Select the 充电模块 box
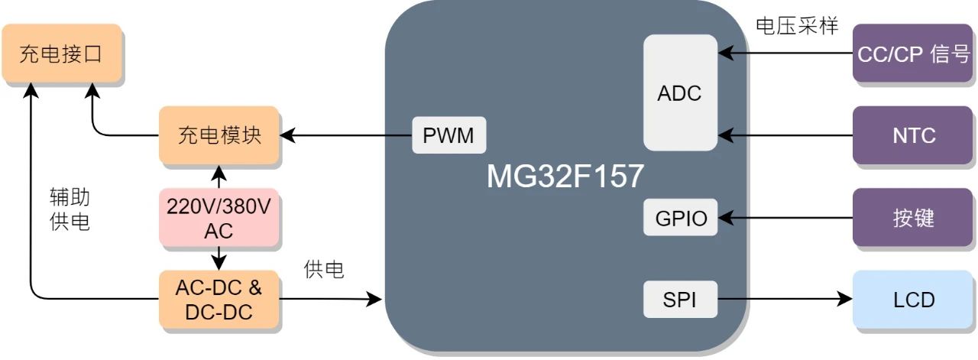(x=219, y=135)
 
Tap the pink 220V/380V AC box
(x=219, y=218)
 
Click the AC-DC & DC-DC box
(x=219, y=300)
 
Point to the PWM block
(x=449, y=136)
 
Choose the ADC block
(x=679, y=93)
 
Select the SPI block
(x=680, y=300)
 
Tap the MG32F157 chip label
(x=565, y=177)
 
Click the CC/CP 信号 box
(x=914, y=54)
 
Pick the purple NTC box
(x=914, y=135)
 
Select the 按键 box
(x=914, y=219)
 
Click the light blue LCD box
(x=914, y=300)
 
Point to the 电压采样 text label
(x=797, y=27)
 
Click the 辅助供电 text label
(x=70, y=210)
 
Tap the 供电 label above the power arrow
(x=324, y=269)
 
